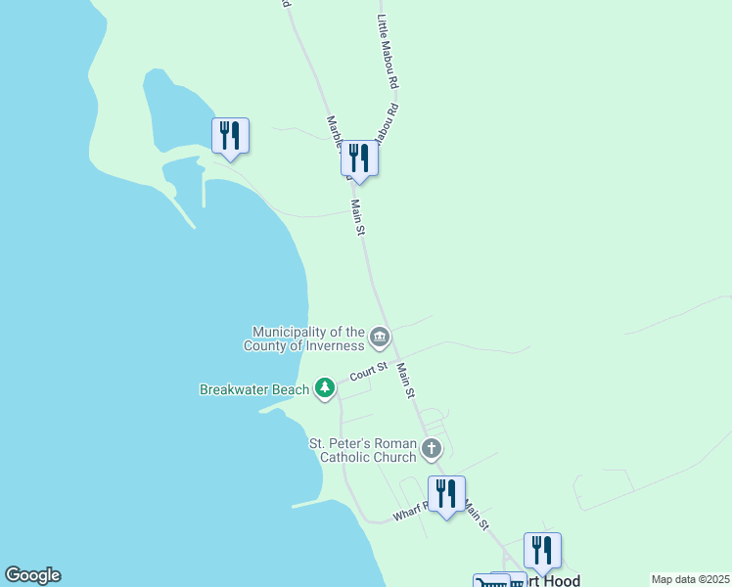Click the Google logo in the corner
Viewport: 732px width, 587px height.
click(32, 575)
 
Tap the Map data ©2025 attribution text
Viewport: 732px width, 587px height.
click(689, 579)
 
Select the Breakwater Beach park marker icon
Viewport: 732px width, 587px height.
click(325, 389)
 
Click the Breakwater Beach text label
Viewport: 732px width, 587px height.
click(254, 389)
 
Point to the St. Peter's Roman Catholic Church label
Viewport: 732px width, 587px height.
click(362, 450)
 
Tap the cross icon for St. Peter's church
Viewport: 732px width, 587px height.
click(431, 450)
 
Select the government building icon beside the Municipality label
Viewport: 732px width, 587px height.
click(380, 339)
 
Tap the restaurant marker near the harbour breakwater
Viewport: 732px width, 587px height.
click(231, 136)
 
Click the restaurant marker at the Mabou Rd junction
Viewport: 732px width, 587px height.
click(360, 158)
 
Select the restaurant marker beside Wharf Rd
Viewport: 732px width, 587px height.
click(447, 494)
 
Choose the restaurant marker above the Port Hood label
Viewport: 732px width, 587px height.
click(543, 551)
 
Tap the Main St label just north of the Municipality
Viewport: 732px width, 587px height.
click(358, 217)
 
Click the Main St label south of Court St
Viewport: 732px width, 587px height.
click(406, 382)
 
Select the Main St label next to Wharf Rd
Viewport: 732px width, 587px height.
click(476, 516)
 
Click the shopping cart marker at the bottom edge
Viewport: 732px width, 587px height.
click(492, 582)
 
